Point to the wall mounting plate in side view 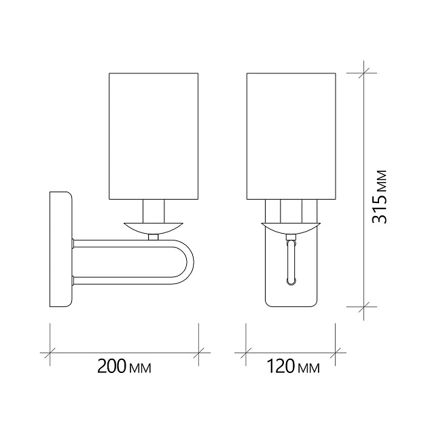pyautogui.click(x=60, y=249)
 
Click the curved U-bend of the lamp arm pyautogui.click(x=188, y=262)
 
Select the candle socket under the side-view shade pyautogui.click(x=154, y=209)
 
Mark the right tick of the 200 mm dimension pyautogui.click(x=198, y=353)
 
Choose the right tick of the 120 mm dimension pyautogui.click(x=338, y=353)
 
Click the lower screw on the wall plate pyautogui.click(x=72, y=278)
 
